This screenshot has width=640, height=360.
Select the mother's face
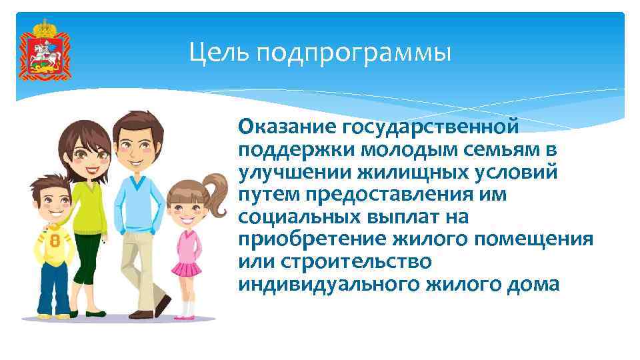pyautogui.click(x=91, y=156)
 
